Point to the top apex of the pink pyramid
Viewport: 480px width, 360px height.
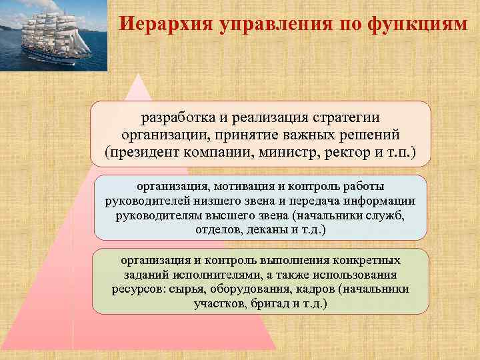[139, 75]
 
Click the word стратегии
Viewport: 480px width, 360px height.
[345, 117]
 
